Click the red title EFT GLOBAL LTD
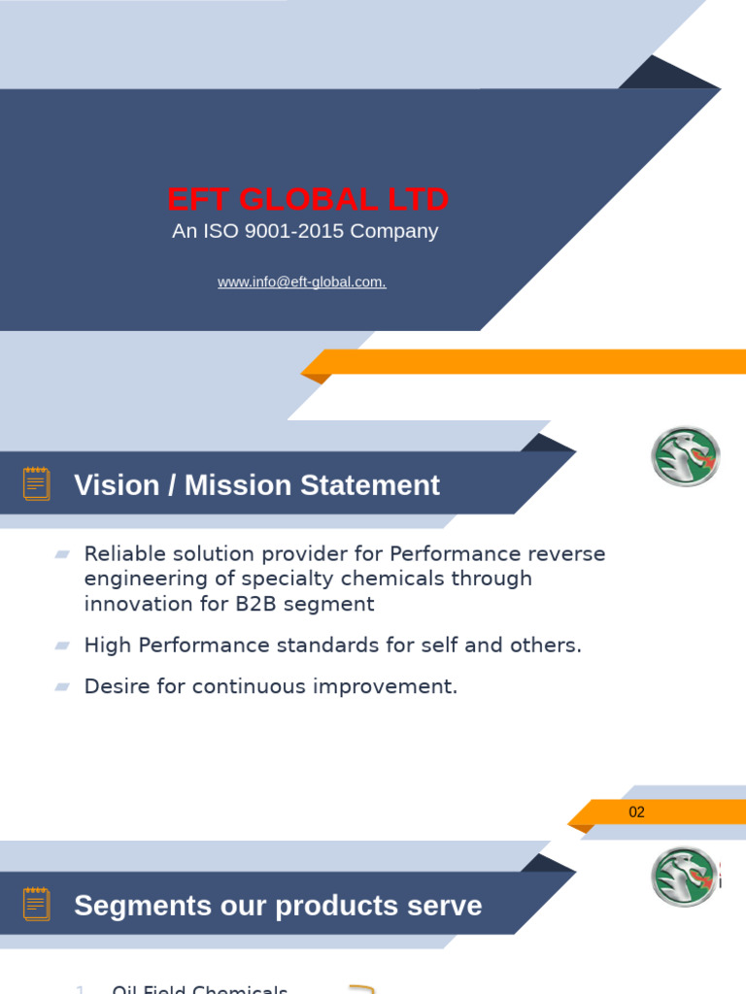pyautogui.click(x=308, y=199)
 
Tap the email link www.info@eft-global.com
pyautogui.click(x=302, y=282)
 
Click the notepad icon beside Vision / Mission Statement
pyautogui.click(x=36, y=483)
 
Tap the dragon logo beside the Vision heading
pyautogui.click(x=685, y=456)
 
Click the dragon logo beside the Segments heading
pyautogui.click(x=685, y=877)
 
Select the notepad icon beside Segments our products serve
pyautogui.click(x=36, y=904)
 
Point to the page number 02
pyautogui.click(x=636, y=812)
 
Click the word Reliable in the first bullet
pyautogui.click(x=121, y=554)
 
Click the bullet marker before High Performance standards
pyautogui.click(x=62, y=646)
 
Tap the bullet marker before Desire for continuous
pyautogui.click(x=62, y=686)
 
